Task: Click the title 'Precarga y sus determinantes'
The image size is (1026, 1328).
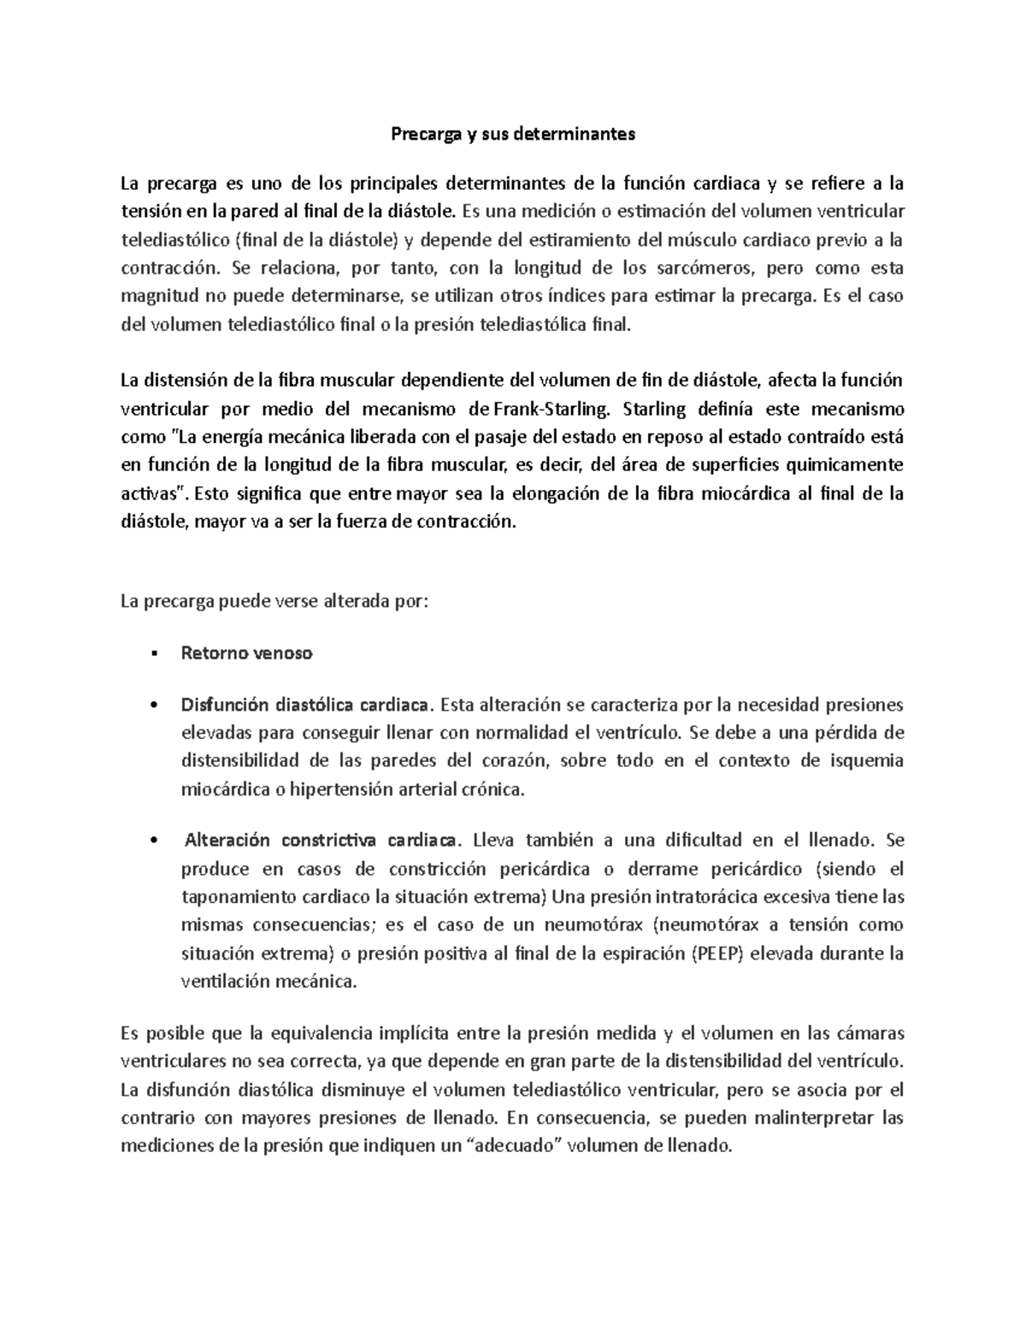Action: click(x=513, y=134)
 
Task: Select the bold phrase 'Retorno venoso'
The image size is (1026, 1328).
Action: click(x=246, y=653)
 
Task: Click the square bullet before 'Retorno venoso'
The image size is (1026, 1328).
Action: click(x=153, y=654)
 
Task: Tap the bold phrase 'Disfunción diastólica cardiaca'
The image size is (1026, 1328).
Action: click(x=304, y=705)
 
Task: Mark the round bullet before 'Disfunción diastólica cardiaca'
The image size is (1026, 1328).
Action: click(x=153, y=705)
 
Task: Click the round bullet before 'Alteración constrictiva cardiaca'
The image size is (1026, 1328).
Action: click(x=153, y=841)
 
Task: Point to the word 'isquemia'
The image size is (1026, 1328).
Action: click(x=867, y=761)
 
